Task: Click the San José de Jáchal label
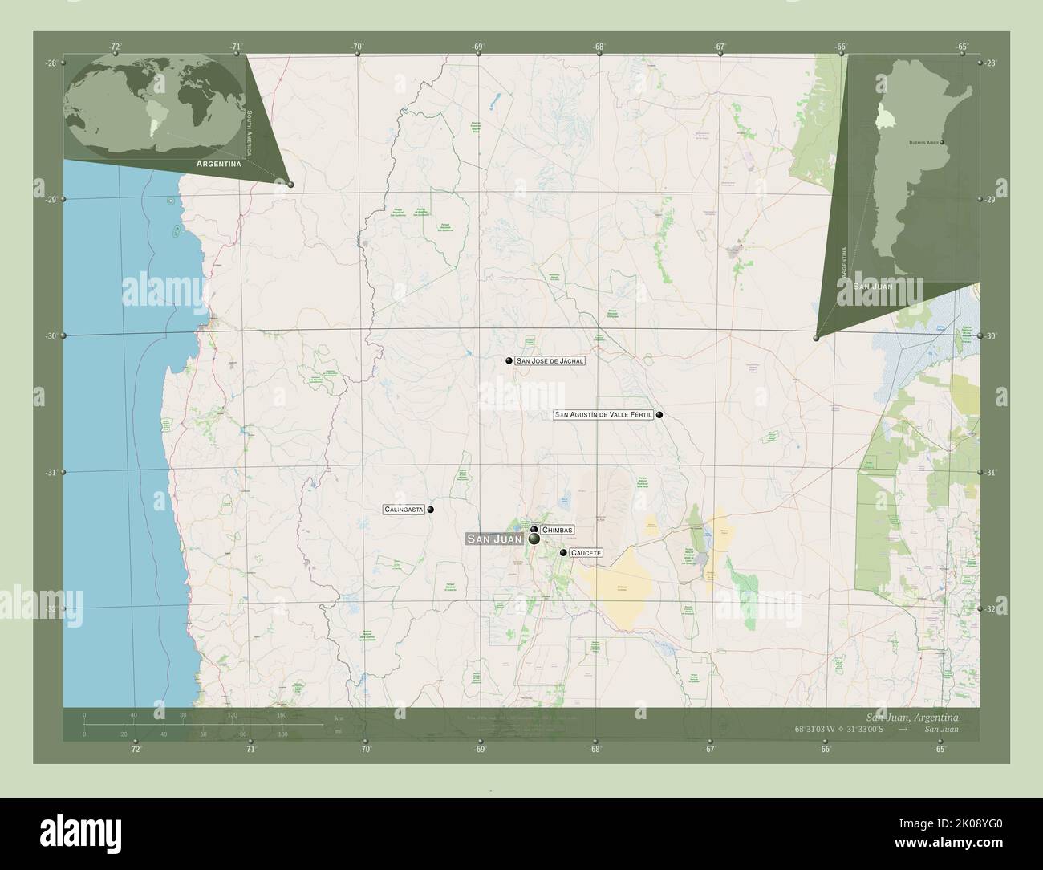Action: pyautogui.click(x=550, y=361)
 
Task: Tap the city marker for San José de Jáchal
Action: pyautogui.click(x=509, y=361)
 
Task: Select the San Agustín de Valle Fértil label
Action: pyautogui.click(x=603, y=415)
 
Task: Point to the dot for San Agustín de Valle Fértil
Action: pyautogui.click(x=659, y=415)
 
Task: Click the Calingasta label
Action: pyautogui.click(x=404, y=510)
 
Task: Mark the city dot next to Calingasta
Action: pyautogui.click(x=431, y=510)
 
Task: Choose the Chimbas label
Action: pyautogui.click(x=558, y=531)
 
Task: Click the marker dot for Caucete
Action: pyautogui.click(x=563, y=553)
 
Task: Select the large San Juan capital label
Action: pyautogui.click(x=494, y=539)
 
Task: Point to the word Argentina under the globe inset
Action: pyautogui.click(x=219, y=163)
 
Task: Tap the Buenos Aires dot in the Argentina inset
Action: pyautogui.click(x=942, y=143)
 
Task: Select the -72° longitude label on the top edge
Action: pyautogui.click(x=116, y=47)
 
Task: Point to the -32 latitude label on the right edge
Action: pyautogui.click(x=990, y=609)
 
